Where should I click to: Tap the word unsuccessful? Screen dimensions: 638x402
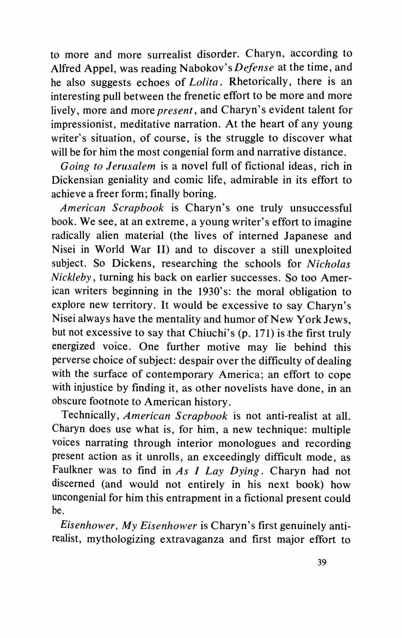[321, 208]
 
